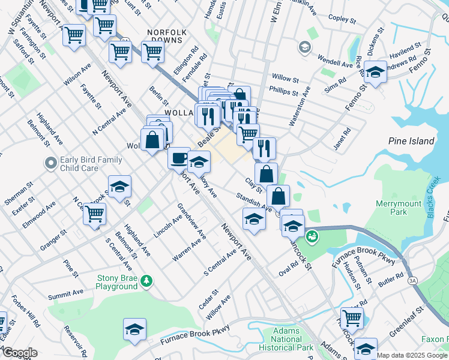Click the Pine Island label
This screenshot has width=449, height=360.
point(411,142)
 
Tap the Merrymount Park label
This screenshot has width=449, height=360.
point(391,208)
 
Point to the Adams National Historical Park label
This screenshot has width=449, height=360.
point(286,339)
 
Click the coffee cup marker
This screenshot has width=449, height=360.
point(179,158)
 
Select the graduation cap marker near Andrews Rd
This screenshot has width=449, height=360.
point(375,73)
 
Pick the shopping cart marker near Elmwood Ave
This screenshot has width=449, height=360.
point(94,213)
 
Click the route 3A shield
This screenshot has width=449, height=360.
point(412,280)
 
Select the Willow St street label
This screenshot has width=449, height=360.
point(285,79)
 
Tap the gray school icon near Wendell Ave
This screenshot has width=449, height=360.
point(304,47)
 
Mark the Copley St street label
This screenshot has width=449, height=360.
point(343,19)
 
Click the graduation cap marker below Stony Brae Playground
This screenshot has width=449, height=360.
point(134,329)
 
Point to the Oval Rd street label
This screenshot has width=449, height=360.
point(288,268)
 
